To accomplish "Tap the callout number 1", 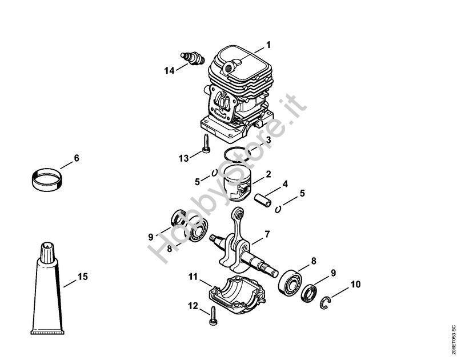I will (x=268, y=45).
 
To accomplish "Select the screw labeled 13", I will (x=205, y=146).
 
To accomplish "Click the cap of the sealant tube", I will (x=47, y=252).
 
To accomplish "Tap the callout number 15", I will (x=83, y=277).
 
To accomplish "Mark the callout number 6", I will (x=77, y=158).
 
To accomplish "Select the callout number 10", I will (x=355, y=284).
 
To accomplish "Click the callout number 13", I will (x=183, y=158).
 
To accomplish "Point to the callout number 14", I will (x=169, y=70).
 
